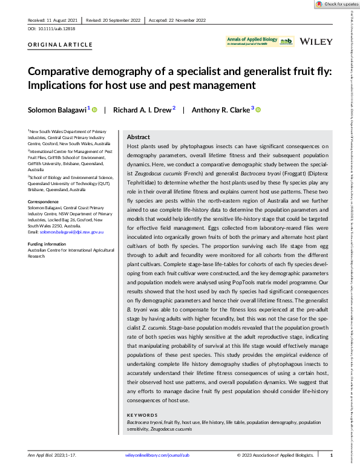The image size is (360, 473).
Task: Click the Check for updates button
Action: click(335, 4)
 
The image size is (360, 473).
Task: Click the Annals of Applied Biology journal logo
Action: click(259, 41)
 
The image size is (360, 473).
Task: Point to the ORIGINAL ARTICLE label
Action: click(60, 45)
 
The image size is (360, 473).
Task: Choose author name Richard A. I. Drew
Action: click(145, 109)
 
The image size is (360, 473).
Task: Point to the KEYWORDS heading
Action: click(143, 414)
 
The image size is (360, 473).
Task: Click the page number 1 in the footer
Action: click(331, 454)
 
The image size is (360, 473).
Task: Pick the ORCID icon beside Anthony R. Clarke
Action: click(258, 109)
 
